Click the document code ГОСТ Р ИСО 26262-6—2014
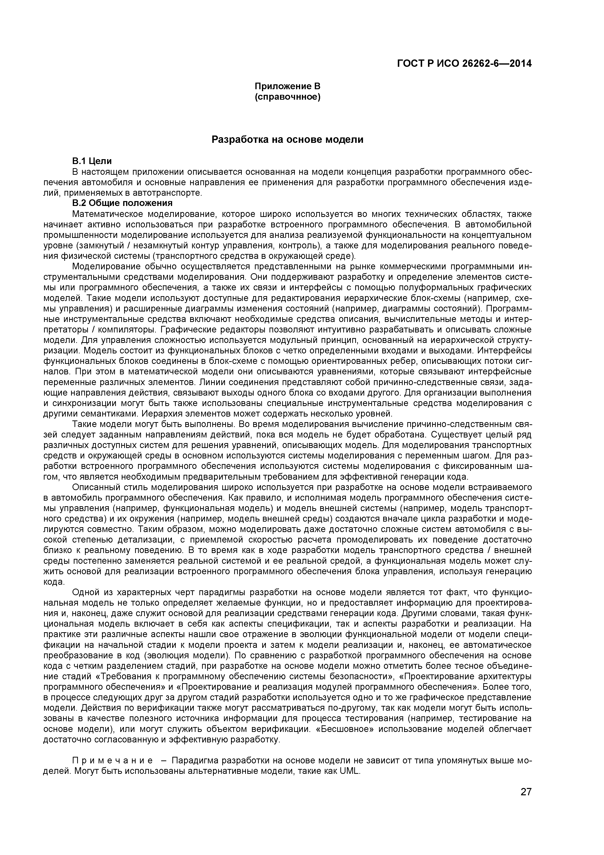[x=464, y=64]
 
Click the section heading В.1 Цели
[x=92, y=161]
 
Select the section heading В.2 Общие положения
[x=122, y=203]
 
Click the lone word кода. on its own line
[x=54, y=582]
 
